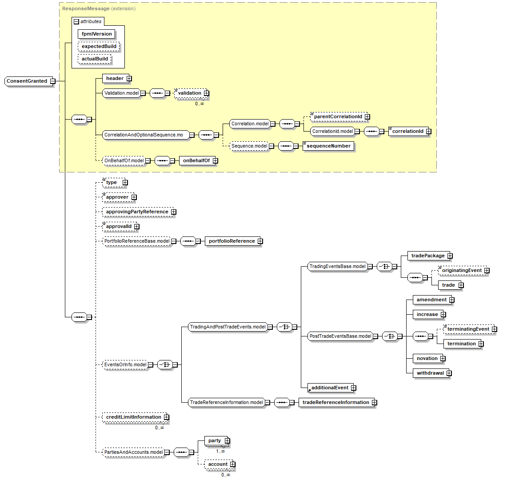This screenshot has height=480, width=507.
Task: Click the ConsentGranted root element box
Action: (27, 81)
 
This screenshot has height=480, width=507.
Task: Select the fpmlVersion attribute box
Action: (96, 34)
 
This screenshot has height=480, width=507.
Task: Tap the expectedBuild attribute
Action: (99, 46)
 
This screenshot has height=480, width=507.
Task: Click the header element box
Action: (115, 79)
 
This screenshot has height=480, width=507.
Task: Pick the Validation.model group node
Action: (121, 93)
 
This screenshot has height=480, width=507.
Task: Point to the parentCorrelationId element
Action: (338, 117)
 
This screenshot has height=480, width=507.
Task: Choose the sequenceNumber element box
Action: (328, 146)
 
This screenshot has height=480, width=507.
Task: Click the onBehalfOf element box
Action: (196, 161)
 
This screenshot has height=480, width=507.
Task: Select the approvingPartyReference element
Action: (137, 212)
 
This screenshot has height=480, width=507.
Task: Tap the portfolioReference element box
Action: (232, 241)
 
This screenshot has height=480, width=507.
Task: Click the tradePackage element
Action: (427, 256)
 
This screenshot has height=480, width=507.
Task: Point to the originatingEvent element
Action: (461, 271)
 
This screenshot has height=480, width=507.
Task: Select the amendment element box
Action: (431, 300)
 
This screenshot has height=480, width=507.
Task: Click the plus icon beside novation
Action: (443, 359)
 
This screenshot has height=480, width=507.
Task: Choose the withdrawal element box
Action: (430, 373)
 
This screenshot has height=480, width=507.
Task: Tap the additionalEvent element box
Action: (329, 388)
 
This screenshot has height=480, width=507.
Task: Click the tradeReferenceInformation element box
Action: (335, 403)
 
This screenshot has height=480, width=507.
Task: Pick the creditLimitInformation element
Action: (133, 417)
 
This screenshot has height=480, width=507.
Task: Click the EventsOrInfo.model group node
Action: (125, 365)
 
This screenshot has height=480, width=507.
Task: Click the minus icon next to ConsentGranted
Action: (52, 81)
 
